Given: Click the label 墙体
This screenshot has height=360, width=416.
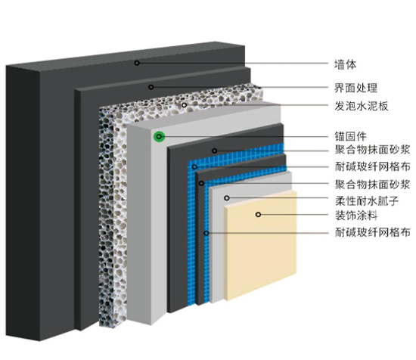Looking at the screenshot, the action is click(345, 64).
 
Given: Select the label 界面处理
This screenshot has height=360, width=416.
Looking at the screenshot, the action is click(355, 88).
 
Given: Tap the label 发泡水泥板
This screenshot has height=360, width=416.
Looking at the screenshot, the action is click(361, 106).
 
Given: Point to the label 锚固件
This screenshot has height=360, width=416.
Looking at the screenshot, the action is click(350, 136).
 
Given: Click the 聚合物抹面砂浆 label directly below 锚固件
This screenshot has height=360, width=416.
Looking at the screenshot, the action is click(372, 150).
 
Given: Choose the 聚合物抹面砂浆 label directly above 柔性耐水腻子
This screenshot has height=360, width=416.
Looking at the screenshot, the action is click(372, 184).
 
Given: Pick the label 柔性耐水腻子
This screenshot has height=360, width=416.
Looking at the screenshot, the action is click(367, 201).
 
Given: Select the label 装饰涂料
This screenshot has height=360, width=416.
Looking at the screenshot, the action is click(356, 215).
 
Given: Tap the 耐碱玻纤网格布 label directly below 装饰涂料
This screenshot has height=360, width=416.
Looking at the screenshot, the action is click(372, 232).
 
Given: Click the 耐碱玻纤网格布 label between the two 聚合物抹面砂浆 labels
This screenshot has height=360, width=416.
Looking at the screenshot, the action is click(372, 166).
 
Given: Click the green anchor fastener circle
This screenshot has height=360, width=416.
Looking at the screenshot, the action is click(159, 137).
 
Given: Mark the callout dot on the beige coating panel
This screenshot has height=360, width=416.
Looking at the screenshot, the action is click(258, 214).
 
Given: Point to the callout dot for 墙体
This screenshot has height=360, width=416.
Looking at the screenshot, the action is click(137, 63).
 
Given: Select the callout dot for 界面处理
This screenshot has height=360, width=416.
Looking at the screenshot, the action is click(151, 87).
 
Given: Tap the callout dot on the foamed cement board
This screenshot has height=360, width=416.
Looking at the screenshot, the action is click(184, 105).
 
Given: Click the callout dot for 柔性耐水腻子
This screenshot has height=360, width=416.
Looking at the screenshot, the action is click(227, 198).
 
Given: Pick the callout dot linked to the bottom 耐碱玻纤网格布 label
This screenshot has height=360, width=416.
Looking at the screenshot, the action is click(206, 233).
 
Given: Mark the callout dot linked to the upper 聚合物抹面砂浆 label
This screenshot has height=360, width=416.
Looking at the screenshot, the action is click(214, 151).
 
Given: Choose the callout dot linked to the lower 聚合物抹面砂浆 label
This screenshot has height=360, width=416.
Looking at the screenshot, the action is click(201, 183).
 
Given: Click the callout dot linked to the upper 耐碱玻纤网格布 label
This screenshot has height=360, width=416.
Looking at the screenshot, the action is click(194, 167).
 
